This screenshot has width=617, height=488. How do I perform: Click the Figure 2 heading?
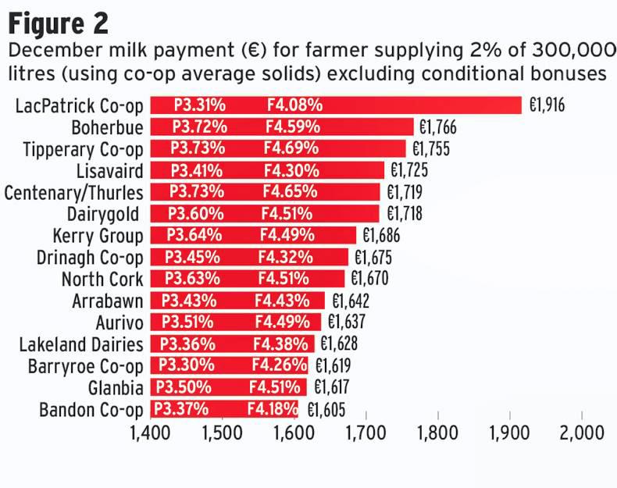[59, 23]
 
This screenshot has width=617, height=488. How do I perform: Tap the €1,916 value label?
[547, 105]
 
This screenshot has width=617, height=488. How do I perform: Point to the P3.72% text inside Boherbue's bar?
[200, 127]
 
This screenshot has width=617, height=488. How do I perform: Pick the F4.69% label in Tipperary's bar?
[291, 148]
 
